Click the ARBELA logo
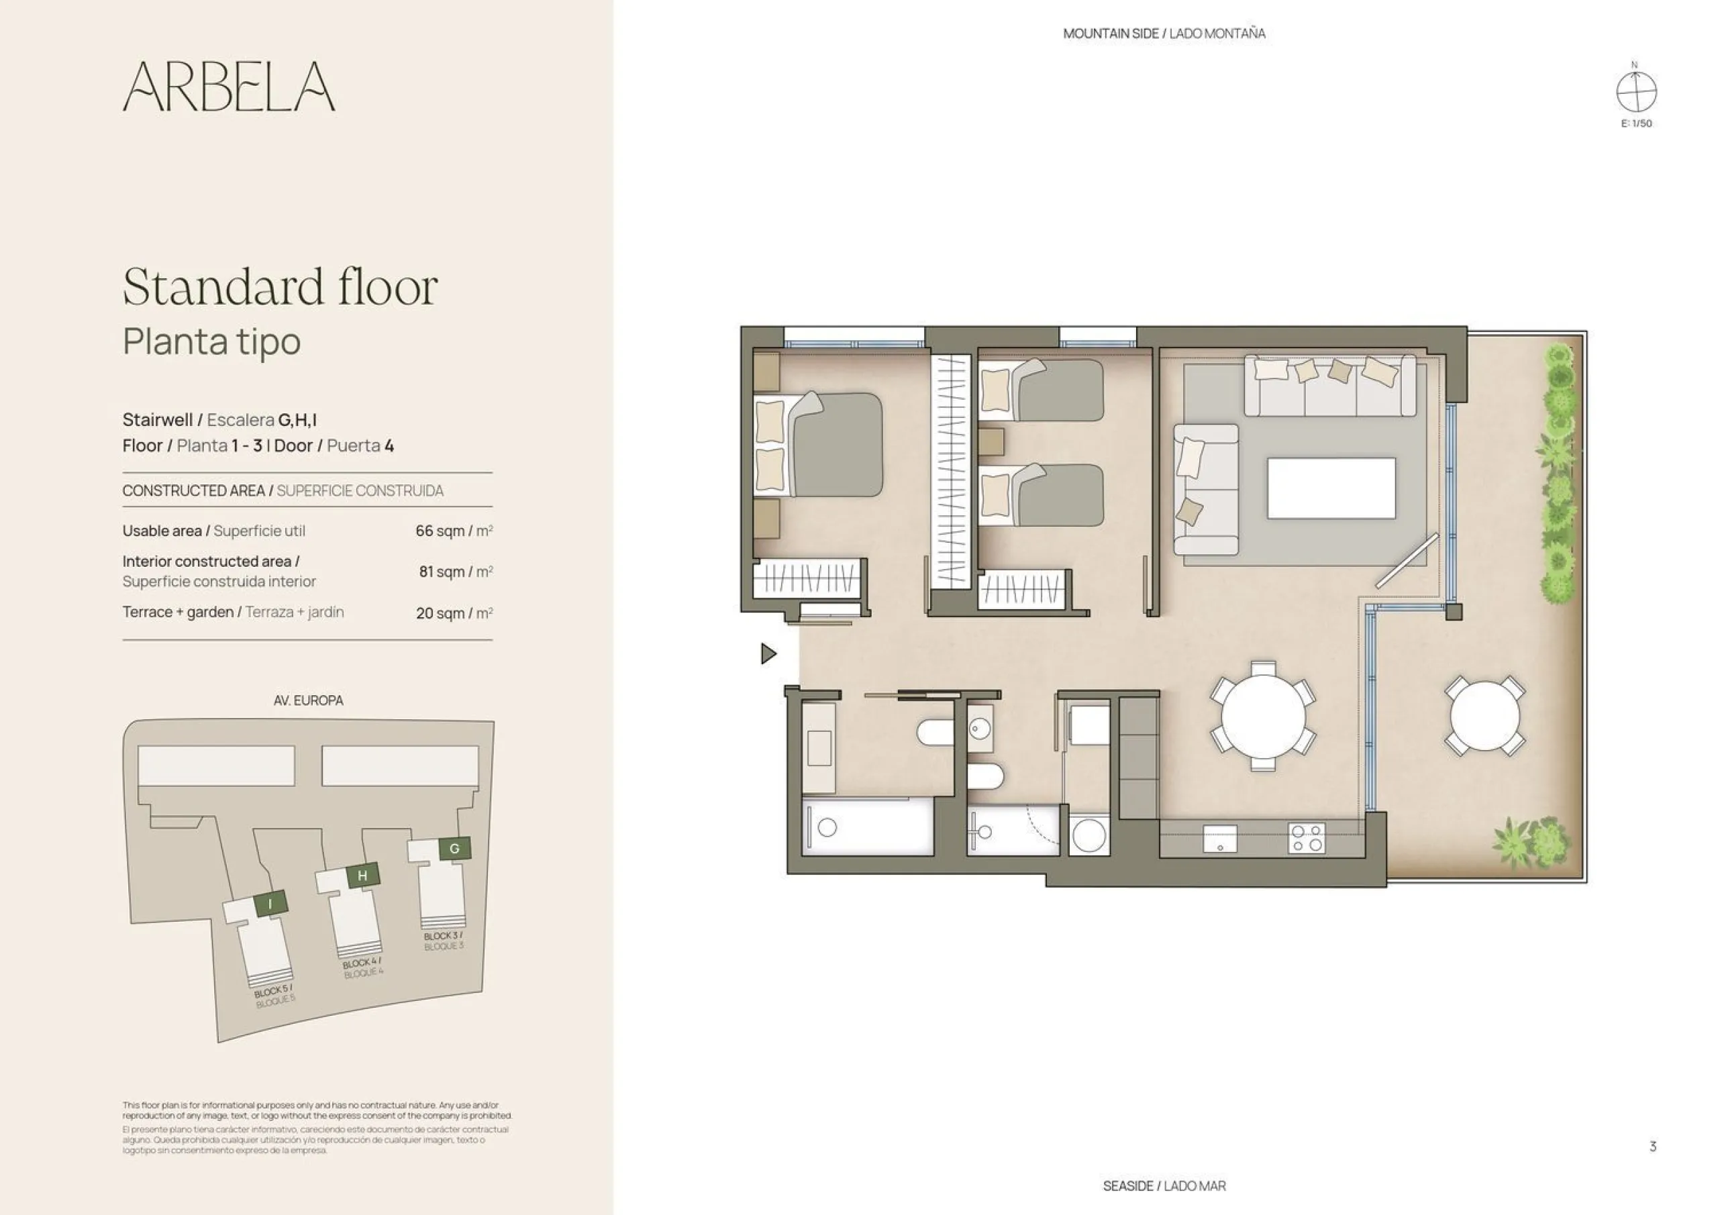pos(229,87)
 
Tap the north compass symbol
pos(1635,91)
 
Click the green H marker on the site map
pos(363,876)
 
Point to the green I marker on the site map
pos(271,904)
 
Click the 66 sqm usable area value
pos(454,531)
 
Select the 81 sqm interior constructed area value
pos(455,572)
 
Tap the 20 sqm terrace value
pos(454,613)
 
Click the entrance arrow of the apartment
pos(768,654)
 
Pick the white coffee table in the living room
pos(1331,488)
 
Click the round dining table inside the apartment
pos(1263,716)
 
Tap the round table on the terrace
pos(1484,716)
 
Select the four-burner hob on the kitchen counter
pos(1307,838)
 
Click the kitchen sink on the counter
pos(1219,839)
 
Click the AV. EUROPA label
pos(308,701)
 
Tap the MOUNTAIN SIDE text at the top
pos(1111,34)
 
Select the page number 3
pos(1653,1146)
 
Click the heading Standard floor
pos(280,286)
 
